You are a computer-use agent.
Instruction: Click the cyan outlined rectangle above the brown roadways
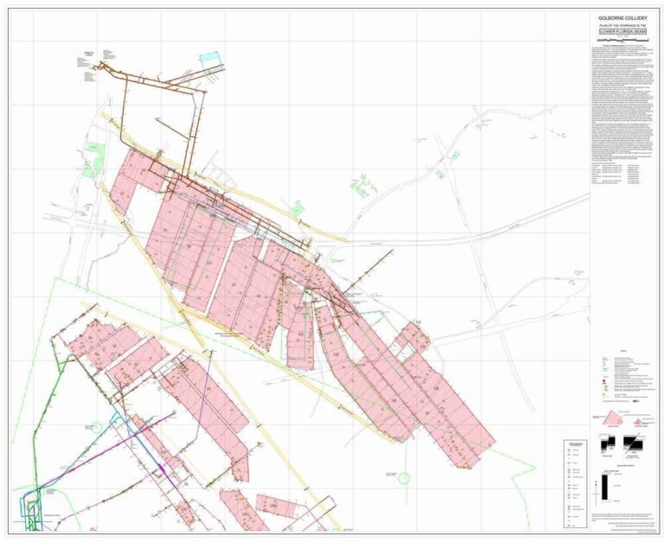click(x=210, y=60)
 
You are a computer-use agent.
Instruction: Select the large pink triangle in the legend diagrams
click(x=609, y=418)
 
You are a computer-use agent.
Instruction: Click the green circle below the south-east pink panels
click(x=403, y=476)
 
